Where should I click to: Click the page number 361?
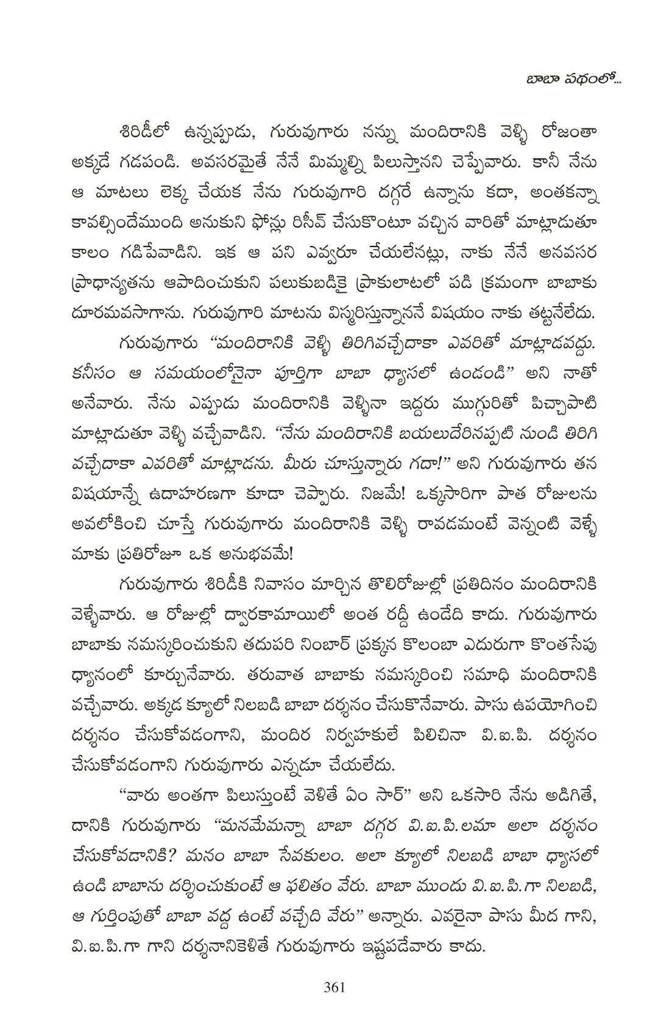click(334, 987)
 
